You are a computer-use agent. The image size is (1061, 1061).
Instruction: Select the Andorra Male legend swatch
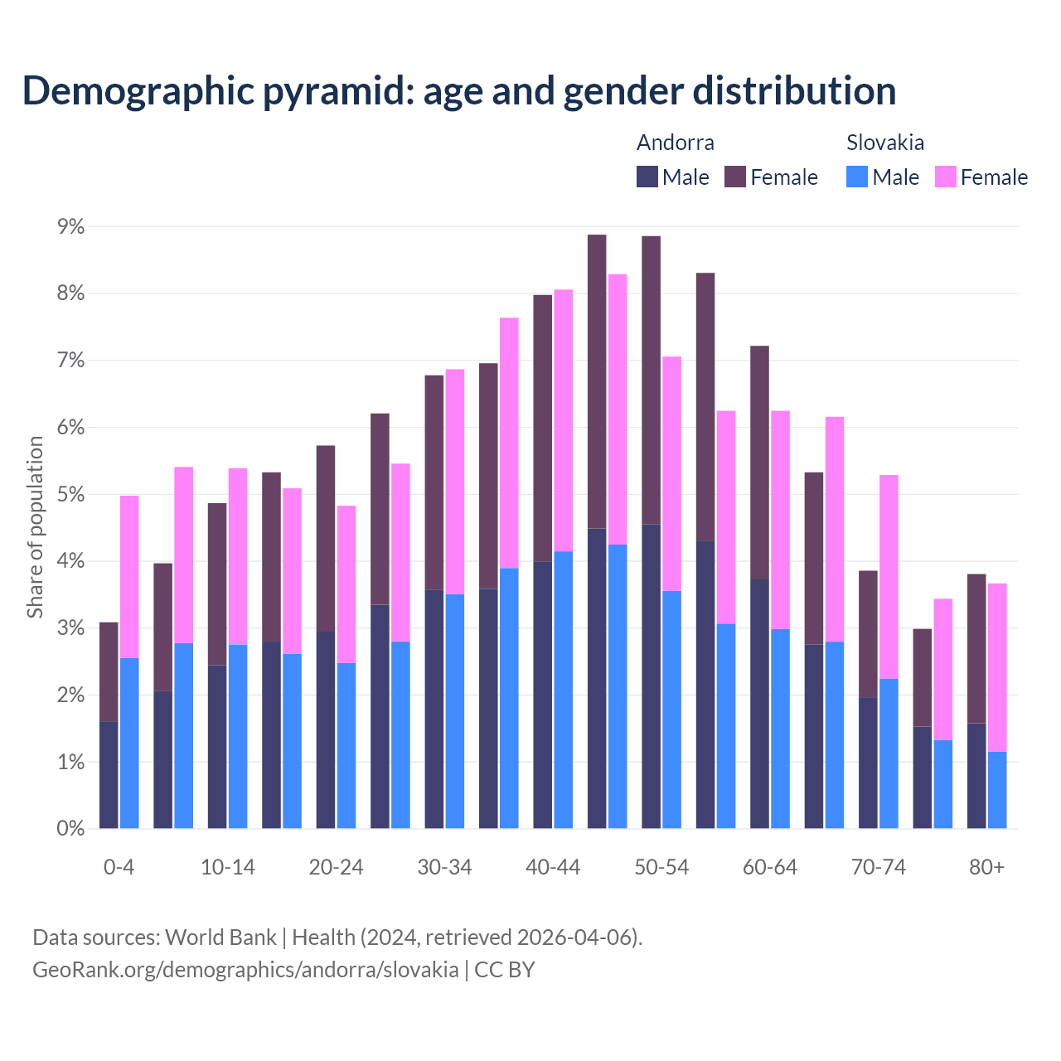coord(647,177)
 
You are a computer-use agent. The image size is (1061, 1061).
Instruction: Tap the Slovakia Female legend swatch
coord(945,177)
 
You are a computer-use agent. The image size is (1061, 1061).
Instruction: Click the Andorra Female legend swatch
coord(735,177)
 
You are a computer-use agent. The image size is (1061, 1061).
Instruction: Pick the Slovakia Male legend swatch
coord(857,177)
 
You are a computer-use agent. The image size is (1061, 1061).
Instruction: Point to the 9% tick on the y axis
coord(70,226)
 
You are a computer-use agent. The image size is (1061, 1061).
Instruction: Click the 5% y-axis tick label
coord(70,495)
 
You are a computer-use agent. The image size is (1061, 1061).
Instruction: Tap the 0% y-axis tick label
coord(70,829)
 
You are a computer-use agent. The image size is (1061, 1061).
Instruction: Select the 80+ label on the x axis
coord(986,868)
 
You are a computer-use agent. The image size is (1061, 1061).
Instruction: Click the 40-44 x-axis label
coord(553,868)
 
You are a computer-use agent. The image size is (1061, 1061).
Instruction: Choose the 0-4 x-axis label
coord(119,868)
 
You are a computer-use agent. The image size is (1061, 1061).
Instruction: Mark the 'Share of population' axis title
coord(36,527)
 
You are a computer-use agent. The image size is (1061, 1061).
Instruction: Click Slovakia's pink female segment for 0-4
coord(129,576)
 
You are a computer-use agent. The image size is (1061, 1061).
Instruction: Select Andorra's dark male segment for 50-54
coord(652,676)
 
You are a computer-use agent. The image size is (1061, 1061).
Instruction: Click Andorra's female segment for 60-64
coord(759,463)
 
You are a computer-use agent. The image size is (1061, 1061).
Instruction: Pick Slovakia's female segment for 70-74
coord(889,576)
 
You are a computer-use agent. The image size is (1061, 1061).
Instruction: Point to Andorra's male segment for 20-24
coord(326,729)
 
